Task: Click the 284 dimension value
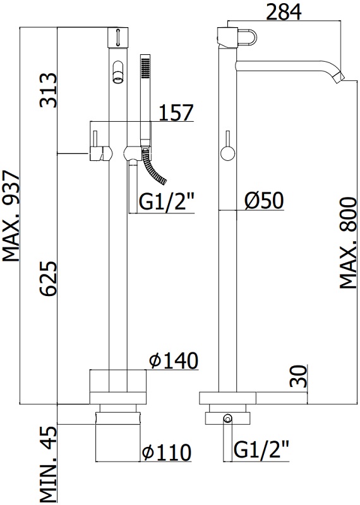point(284,11)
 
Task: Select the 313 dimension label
point(48,90)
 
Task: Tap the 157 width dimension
point(176,112)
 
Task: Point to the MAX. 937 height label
point(11,217)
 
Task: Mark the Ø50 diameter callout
point(264,201)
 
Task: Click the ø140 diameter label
point(174,360)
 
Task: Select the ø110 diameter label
point(167,452)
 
